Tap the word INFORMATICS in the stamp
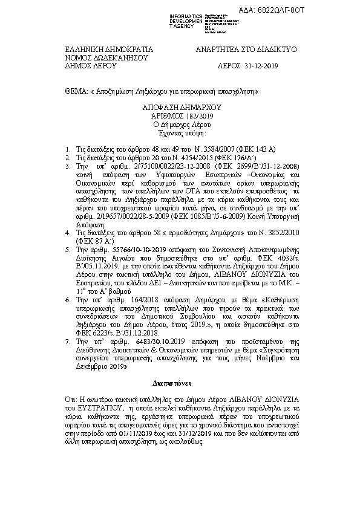pyautogui.click(x=186, y=15)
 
